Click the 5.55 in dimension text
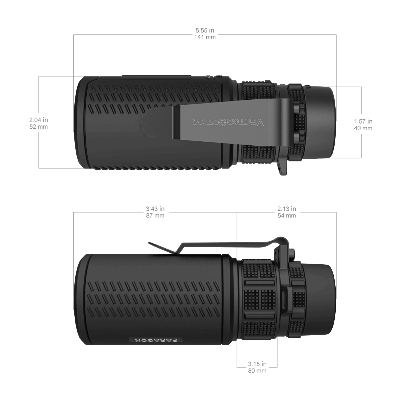205,31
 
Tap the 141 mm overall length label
205,37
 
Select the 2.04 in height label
39,120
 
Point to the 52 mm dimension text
39,127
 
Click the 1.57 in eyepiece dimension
363,121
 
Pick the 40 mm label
363,128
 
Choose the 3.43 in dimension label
155,209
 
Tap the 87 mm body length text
155,216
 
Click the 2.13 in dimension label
286,209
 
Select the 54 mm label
286,216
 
